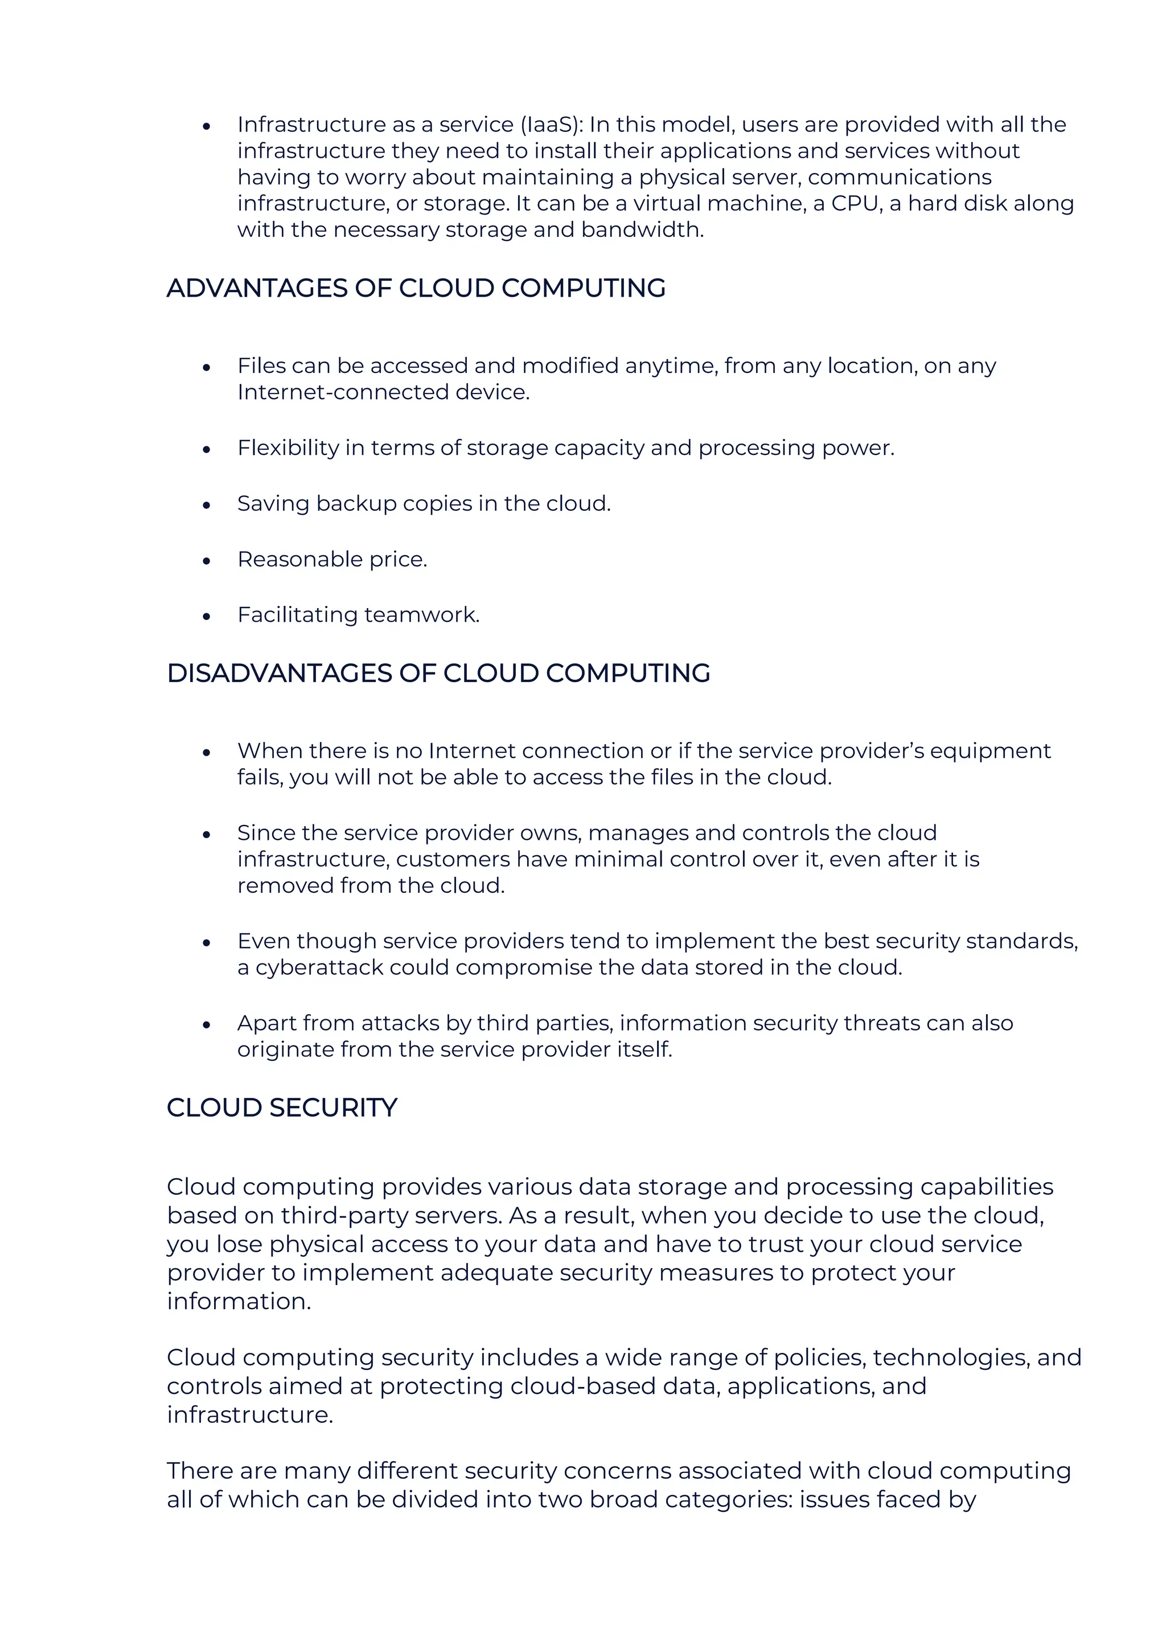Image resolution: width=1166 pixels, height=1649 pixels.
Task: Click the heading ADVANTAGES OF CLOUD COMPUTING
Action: [x=416, y=288]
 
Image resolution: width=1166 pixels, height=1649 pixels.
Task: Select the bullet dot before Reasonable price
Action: [x=207, y=560]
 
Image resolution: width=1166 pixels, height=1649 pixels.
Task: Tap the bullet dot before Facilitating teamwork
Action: [x=207, y=616]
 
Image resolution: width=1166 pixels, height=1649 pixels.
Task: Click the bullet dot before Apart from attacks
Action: [x=207, y=1025]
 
